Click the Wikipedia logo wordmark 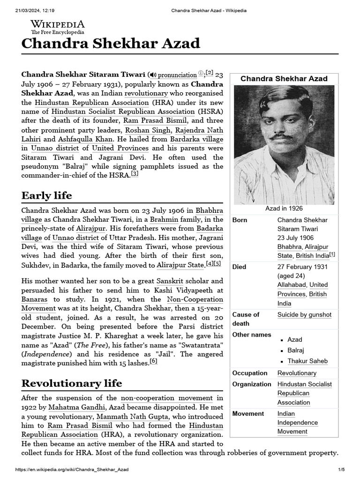click(x=58, y=24)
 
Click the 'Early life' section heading click(x=46, y=195)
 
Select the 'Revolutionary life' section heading click(x=72, y=383)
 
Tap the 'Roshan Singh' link click(x=142, y=130)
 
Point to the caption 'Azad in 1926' click(x=284, y=208)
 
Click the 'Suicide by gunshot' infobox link click(x=304, y=315)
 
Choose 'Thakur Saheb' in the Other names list click(x=307, y=361)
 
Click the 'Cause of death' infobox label click(x=246, y=319)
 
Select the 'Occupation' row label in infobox click(x=250, y=373)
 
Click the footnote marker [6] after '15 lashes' click(x=154, y=361)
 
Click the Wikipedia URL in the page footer click(x=72, y=470)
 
